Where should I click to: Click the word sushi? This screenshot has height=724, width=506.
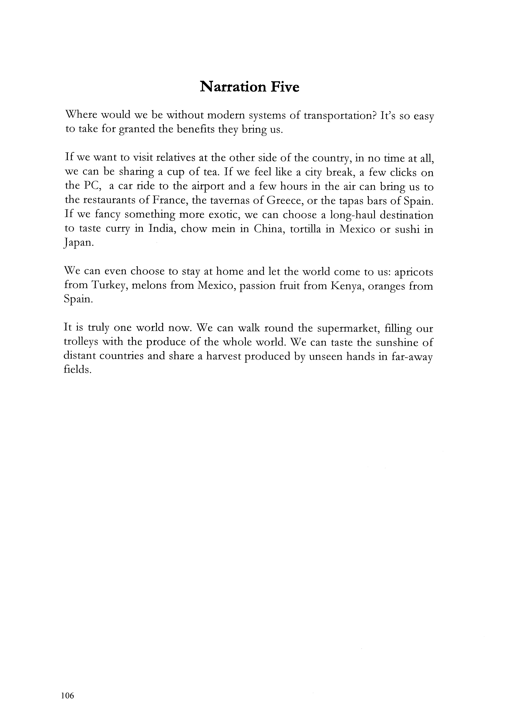tap(407, 229)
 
